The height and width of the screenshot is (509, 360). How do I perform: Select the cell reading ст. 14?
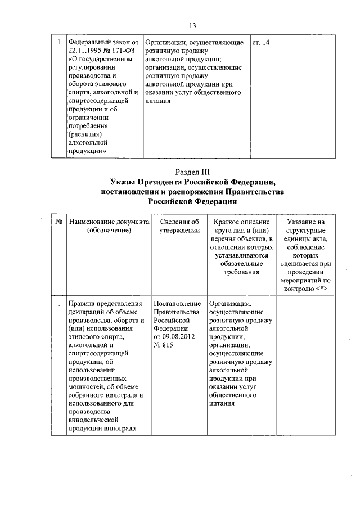pyautogui.click(x=262, y=43)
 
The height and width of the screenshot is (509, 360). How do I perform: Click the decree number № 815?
pyautogui.click(x=164, y=345)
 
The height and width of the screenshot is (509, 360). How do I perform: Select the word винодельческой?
pyautogui.click(x=92, y=420)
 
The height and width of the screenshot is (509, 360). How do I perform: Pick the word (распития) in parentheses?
pyautogui.click(x=85, y=134)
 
